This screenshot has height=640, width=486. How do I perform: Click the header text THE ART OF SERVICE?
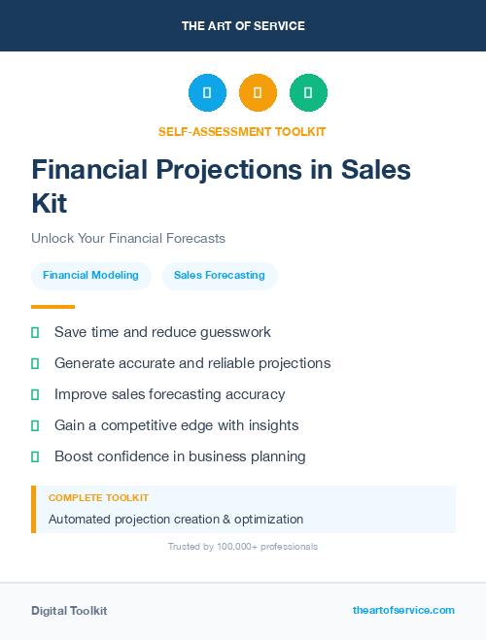243,26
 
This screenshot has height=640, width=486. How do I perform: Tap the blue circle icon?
207,93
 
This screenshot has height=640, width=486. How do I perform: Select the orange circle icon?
258,93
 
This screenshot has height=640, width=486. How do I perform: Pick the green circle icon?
308,93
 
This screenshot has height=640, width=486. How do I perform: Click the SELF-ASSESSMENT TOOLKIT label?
242,131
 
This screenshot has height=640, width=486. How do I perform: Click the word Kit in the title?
50,203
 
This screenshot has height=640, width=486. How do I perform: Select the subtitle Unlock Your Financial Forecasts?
127,238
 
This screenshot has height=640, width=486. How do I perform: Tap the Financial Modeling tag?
90,275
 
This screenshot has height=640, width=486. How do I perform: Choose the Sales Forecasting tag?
220,275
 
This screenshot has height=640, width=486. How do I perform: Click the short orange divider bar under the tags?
52,307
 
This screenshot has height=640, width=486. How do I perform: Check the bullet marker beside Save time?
35,332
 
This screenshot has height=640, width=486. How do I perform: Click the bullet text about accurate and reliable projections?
192,363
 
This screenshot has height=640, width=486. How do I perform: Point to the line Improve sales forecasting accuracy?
169,394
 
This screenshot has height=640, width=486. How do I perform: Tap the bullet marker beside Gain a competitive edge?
35,425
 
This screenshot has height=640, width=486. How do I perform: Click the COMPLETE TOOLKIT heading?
91,497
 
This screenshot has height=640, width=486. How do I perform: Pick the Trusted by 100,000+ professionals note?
243,547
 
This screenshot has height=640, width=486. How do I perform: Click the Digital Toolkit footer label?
69,611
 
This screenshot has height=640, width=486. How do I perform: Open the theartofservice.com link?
403,610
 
